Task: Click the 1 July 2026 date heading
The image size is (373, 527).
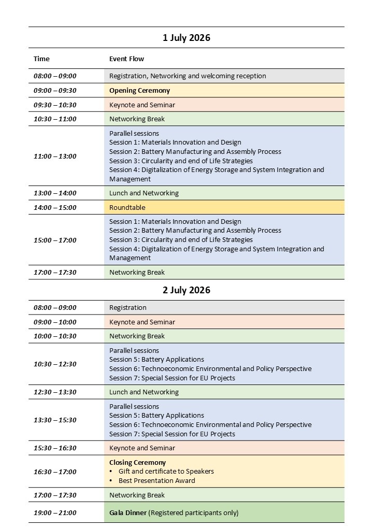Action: pyautogui.click(x=187, y=38)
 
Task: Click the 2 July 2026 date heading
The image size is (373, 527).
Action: pyautogui.click(x=187, y=290)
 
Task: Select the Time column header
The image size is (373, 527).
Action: pyautogui.click(x=42, y=59)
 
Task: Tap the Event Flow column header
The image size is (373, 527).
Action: pyautogui.click(x=126, y=59)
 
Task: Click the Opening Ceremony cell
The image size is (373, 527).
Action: pyautogui.click(x=139, y=90)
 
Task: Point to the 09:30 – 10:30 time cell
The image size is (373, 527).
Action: pyautogui.click(x=55, y=105)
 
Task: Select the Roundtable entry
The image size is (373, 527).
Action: pyautogui.click(x=127, y=207)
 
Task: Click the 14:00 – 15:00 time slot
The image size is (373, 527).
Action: pyautogui.click(x=55, y=207)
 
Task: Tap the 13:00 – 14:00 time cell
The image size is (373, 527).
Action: pyautogui.click(x=55, y=193)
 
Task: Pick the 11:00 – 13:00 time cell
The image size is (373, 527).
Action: pyautogui.click(x=55, y=156)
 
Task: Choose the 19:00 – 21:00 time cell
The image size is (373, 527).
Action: pyautogui.click(x=55, y=513)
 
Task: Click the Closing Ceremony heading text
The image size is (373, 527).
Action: pyautogui.click(x=137, y=462)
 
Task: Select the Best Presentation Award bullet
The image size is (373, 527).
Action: pyautogui.click(x=156, y=480)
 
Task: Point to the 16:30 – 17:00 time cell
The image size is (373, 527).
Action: pyautogui.click(x=55, y=472)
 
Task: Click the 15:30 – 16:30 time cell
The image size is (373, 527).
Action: pyautogui.click(x=55, y=448)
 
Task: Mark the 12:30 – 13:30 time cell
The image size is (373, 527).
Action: pyautogui.click(x=55, y=392)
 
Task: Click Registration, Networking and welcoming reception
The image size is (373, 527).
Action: pyautogui.click(x=188, y=76)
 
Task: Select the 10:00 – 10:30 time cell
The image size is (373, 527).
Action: pyautogui.click(x=55, y=336)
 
